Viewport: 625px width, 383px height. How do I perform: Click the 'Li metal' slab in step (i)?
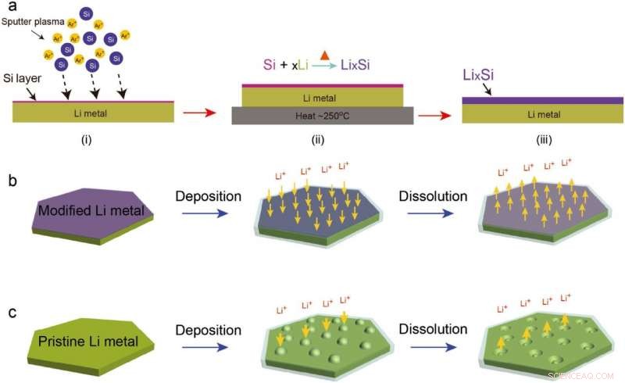coord(89,113)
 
